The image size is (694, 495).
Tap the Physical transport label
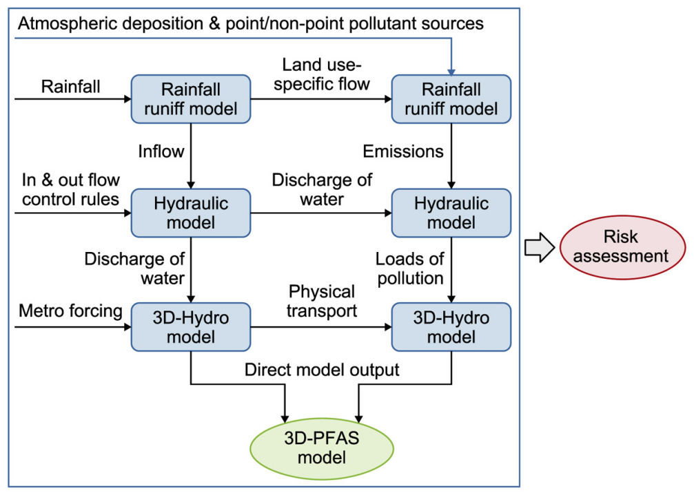323,301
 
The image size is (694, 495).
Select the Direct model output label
322,370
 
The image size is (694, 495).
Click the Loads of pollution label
409,269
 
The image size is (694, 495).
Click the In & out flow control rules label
70,190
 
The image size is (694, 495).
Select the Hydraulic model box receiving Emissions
451,213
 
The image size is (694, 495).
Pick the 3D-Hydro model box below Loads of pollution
451,328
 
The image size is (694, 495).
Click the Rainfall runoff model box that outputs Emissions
451,99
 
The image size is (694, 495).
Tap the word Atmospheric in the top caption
61,23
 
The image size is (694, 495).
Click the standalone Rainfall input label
71,87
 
